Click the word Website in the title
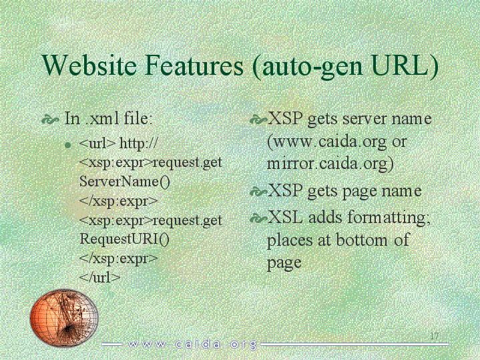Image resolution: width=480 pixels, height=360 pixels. pos(89,65)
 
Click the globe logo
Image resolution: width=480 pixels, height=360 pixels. pos(64,317)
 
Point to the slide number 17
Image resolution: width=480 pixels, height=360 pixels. pos(435,335)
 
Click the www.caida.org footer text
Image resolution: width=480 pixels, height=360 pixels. pos(192,345)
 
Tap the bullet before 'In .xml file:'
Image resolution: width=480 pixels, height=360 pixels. pos(50,120)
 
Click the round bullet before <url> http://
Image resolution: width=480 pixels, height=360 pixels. pos(68,145)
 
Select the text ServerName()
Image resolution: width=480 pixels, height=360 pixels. pos(124,182)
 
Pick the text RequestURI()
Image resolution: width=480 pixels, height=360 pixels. pos(124,239)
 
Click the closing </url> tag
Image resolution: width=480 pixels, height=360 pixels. pos(99,278)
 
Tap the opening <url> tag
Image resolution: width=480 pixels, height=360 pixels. pos(97,144)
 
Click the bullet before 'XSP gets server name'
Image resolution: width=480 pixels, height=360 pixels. pos(258,120)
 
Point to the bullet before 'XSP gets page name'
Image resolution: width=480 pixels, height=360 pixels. pos(258,192)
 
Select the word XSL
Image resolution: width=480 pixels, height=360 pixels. pos(285,217)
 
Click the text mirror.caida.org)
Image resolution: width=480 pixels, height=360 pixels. pos(330,164)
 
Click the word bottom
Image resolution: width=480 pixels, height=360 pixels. pos(362,240)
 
